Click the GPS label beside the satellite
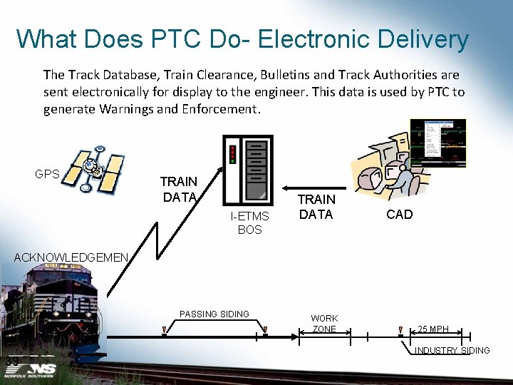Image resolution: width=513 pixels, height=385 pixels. click(47, 174)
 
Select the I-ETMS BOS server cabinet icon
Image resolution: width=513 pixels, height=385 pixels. click(247, 170)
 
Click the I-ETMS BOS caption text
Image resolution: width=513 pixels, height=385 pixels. click(249, 222)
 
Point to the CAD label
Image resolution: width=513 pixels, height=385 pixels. click(399, 215)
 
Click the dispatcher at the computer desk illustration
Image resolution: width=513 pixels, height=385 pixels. click(388, 171)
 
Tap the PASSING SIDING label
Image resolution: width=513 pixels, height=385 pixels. click(214, 314)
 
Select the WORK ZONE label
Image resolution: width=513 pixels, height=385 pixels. click(324, 324)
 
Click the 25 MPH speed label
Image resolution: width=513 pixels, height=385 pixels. click(433, 329)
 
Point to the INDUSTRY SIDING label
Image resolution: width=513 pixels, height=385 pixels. click(452, 351)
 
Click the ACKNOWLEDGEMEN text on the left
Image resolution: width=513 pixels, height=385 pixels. click(71, 257)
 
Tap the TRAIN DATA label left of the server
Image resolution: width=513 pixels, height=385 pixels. click(178, 190)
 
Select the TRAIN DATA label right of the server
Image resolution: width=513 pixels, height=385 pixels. click(316, 207)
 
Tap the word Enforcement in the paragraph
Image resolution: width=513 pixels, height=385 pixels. click(224, 109)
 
